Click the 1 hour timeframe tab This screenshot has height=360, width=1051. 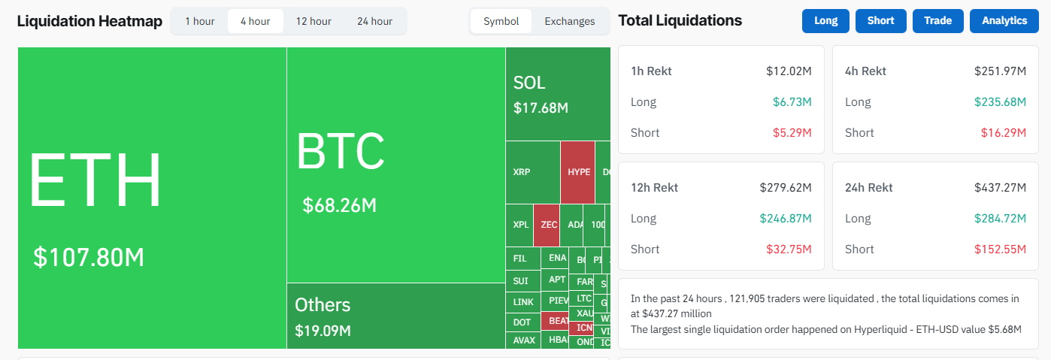(200, 21)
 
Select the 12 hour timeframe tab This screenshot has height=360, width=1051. (313, 21)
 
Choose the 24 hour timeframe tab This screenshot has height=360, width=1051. (374, 21)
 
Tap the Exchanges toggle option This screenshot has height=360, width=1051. (569, 21)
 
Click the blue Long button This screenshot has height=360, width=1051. (825, 21)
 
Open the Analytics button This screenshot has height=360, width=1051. (1004, 21)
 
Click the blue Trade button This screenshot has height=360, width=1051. (937, 21)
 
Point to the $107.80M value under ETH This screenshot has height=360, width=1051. (89, 258)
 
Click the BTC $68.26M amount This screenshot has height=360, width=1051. (339, 205)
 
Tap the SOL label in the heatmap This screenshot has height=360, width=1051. (529, 83)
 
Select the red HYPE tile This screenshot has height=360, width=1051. (578, 172)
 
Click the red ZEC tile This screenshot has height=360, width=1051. (549, 225)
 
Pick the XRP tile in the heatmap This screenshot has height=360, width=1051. (522, 172)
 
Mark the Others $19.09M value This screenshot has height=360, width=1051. (323, 331)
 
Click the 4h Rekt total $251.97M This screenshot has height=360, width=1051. (1000, 71)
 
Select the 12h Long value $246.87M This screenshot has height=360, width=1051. (786, 219)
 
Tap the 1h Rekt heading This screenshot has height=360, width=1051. (651, 71)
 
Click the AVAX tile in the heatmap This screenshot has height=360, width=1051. (524, 340)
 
